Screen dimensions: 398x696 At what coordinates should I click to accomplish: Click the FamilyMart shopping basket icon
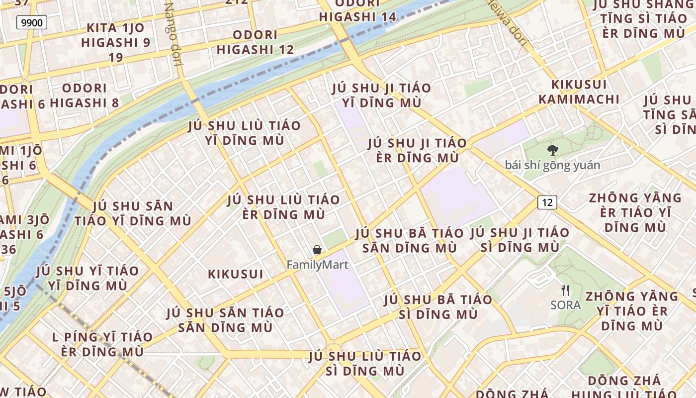point(317,250)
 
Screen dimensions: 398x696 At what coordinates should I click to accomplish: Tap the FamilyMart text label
point(317,265)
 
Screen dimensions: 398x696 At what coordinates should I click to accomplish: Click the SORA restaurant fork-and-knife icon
point(565,290)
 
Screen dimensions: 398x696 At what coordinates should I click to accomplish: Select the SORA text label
point(566,304)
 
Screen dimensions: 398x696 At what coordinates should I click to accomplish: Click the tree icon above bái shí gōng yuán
point(552,150)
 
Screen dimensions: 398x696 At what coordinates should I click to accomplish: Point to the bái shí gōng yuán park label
point(552,165)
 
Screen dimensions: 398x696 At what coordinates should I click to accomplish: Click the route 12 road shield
point(547,202)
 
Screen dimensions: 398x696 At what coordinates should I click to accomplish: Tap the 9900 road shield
point(32,22)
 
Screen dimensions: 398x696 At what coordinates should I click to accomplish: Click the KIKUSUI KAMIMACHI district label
point(579,92)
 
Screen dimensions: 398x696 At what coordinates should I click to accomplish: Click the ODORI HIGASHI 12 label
point(255,42)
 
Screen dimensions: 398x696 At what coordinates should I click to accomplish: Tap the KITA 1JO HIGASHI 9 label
point(115,42)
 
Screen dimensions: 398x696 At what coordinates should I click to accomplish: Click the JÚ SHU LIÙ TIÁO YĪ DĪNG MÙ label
point(245,133)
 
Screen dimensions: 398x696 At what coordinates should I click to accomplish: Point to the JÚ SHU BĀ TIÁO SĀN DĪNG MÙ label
point(409,240)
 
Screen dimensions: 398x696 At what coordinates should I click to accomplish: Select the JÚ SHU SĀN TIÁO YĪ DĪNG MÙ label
point(133,213)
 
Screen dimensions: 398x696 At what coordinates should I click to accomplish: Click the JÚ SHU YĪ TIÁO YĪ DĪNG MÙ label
point(87,278)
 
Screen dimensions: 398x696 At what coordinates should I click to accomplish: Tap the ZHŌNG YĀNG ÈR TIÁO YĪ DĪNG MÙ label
point(635,212)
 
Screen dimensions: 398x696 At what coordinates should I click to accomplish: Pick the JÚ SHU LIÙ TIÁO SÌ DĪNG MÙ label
point(364,364)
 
